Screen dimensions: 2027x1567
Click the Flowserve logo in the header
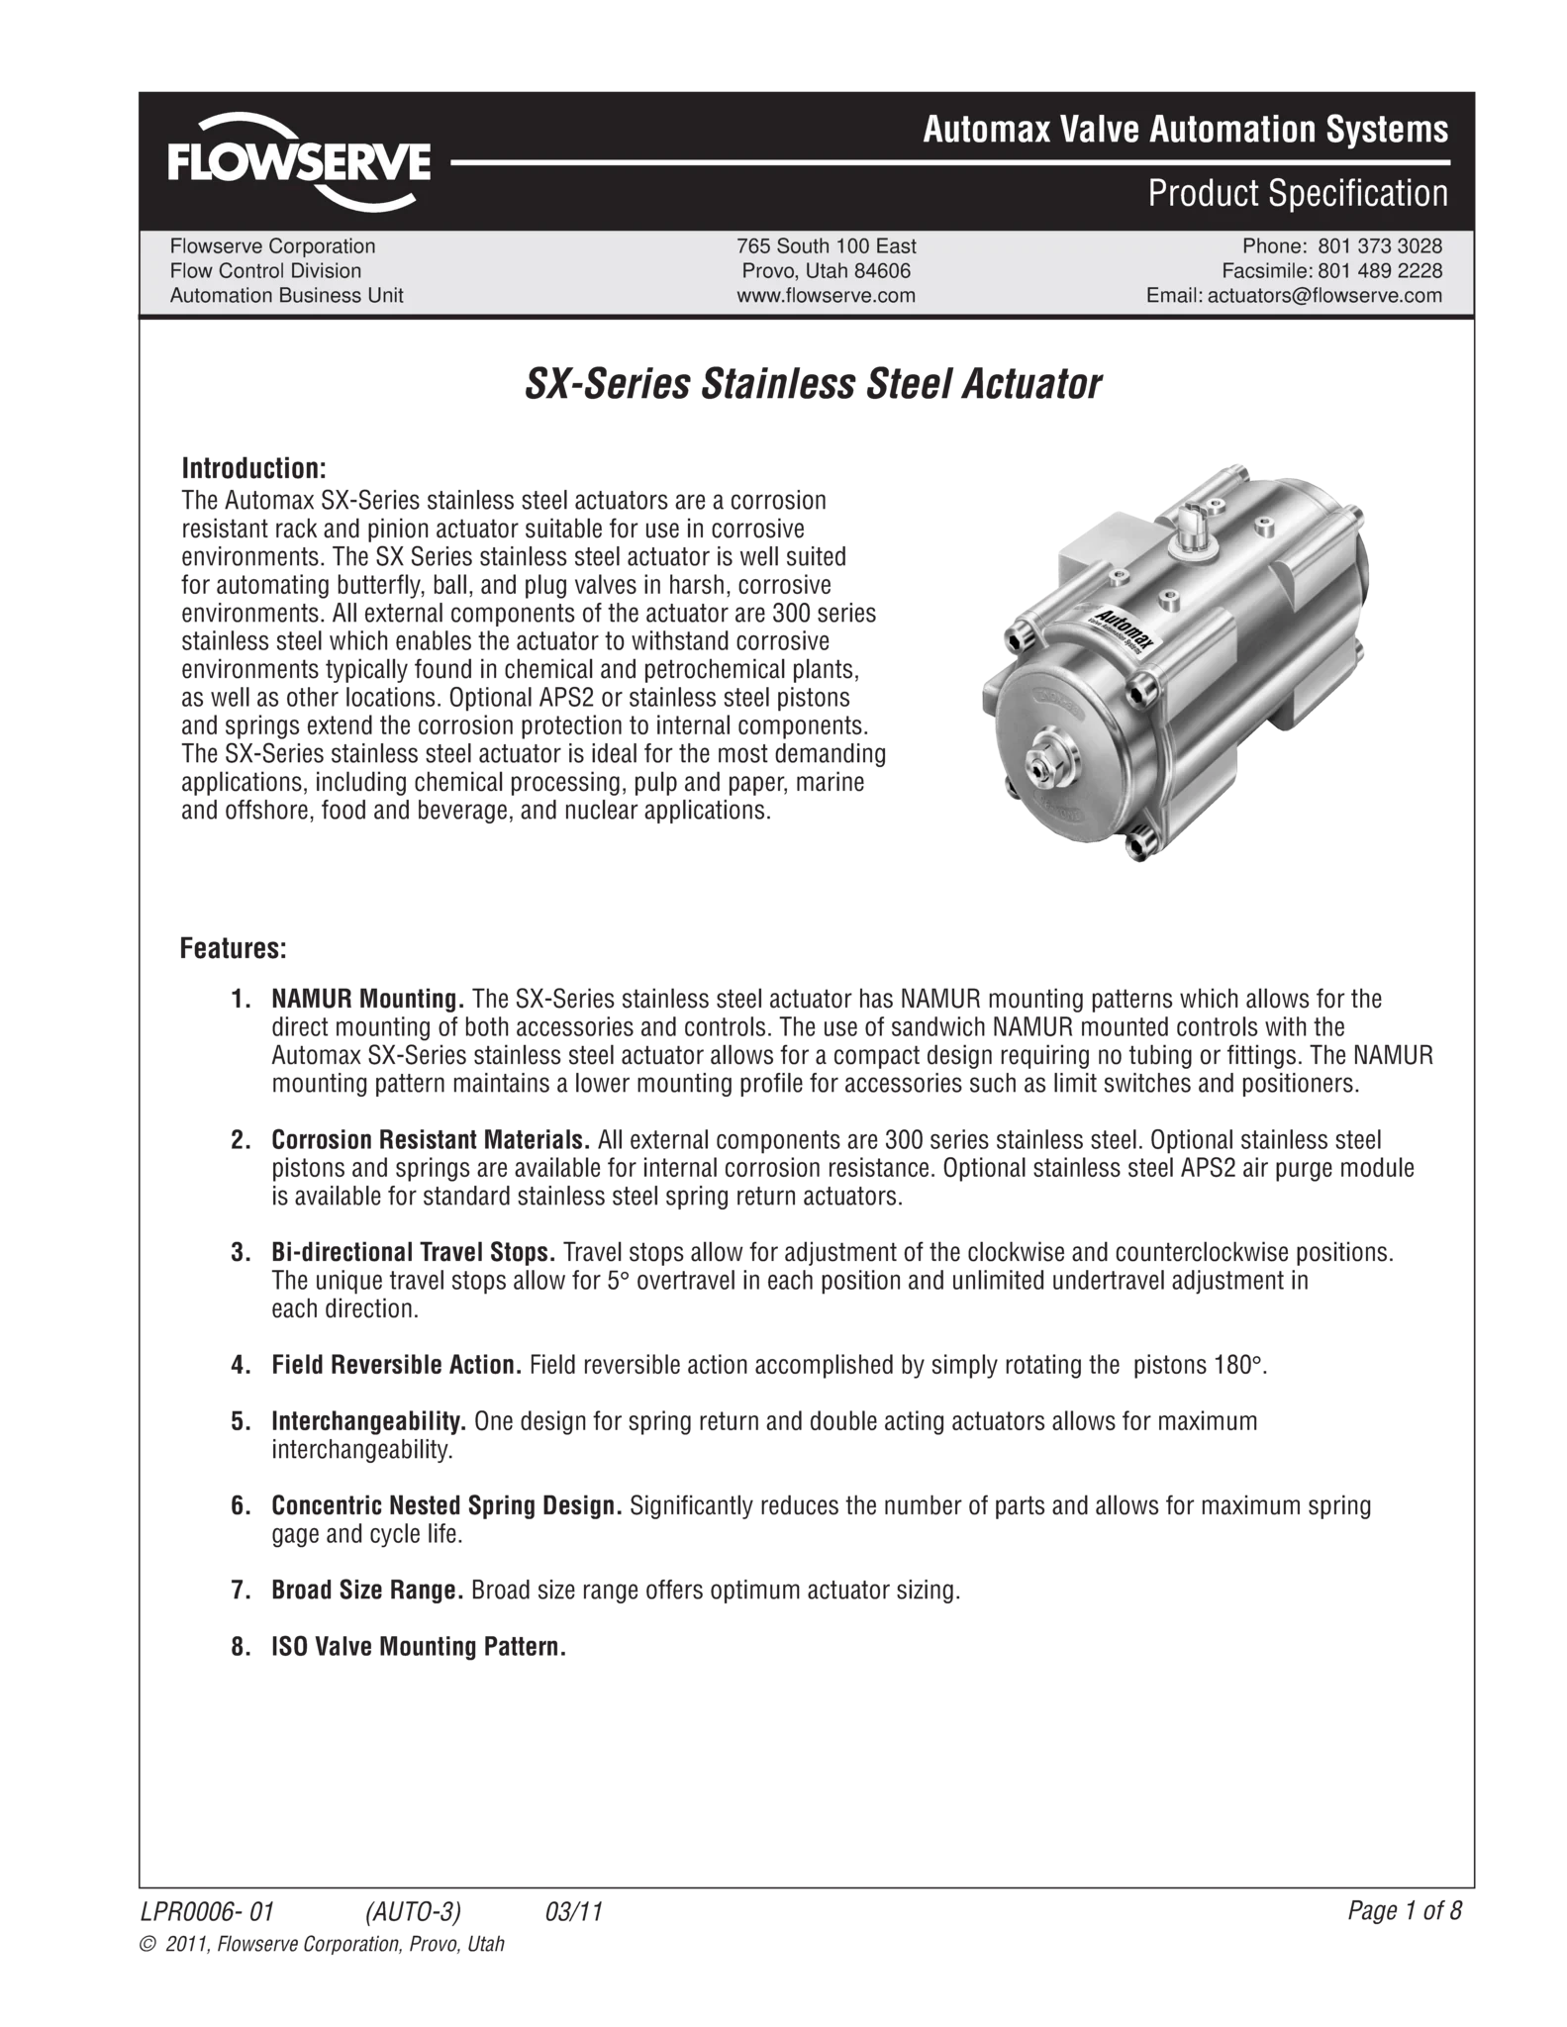299,160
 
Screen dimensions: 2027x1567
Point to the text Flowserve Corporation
272,245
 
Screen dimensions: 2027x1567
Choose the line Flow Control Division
265,270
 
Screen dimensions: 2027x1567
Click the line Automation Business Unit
286,295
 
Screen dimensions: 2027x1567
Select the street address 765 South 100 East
826,245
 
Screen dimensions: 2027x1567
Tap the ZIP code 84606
880,270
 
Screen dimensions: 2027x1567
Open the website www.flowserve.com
826,295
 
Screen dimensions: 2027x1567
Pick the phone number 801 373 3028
1380,245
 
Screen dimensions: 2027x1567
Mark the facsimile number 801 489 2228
1380,270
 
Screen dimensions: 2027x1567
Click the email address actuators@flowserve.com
1324,295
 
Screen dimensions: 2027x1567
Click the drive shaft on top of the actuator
1193,519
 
